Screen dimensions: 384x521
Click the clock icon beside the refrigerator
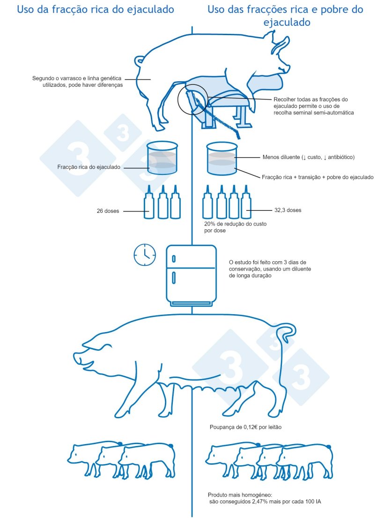point(145,255)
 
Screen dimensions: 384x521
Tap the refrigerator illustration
point(191,276)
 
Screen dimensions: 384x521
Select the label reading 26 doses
point(108,211)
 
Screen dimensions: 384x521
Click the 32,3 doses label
point(288,210)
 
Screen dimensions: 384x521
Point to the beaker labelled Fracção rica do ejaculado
point(162,158)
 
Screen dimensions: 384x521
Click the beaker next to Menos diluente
point(222,159)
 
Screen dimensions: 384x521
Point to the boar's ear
point(281,45)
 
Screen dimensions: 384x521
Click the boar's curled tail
point(139,61)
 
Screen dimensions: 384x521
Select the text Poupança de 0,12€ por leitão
point(245,427)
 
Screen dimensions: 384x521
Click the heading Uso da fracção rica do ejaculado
point(96,9)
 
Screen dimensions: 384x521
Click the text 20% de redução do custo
point(235,224)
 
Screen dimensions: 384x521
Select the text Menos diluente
point(281,157)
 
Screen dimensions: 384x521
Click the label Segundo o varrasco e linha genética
point(77,78)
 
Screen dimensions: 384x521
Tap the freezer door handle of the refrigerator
point(174,258)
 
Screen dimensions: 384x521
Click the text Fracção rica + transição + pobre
point(299,177)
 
